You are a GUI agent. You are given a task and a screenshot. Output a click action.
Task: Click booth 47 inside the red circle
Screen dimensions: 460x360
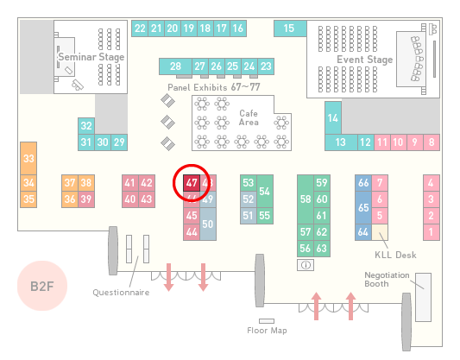192,183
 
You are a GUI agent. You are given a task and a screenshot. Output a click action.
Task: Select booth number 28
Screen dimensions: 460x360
175,66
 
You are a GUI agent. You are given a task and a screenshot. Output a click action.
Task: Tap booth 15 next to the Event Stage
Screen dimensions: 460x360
290,28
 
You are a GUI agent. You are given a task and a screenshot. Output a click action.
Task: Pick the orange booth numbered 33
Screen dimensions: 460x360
28,159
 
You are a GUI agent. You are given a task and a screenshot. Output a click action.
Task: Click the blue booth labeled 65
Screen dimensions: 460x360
363,208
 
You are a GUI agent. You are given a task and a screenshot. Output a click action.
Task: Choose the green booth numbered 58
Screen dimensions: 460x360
306,199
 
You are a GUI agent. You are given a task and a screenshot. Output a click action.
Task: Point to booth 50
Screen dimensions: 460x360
208,224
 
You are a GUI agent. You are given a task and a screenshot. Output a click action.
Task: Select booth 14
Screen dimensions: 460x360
333,118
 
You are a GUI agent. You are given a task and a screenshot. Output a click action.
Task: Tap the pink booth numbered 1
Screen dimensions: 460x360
432,232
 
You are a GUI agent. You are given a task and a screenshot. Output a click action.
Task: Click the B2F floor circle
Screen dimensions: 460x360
42,286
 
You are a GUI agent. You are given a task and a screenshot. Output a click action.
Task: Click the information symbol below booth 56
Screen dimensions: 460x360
306,265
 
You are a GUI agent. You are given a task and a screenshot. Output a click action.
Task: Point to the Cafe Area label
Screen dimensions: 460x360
249,117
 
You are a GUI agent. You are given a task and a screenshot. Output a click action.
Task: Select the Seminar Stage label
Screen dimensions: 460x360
91,57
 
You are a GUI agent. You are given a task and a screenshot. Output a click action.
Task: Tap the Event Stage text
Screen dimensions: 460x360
365,60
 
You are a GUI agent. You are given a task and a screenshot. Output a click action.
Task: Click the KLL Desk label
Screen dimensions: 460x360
395,255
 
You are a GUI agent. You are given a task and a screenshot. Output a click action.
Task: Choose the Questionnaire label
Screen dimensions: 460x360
121,293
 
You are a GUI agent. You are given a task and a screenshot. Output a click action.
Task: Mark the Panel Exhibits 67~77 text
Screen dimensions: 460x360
214,87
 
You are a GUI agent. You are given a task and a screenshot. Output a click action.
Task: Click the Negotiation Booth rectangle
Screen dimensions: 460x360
424,297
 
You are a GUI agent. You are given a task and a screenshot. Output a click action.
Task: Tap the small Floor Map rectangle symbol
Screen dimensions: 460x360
267,321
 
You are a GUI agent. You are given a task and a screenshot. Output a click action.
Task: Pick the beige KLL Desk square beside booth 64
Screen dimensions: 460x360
380,232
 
